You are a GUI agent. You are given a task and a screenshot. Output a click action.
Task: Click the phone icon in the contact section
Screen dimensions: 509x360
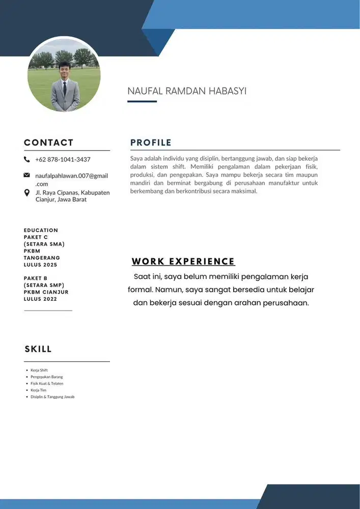pos(27,159)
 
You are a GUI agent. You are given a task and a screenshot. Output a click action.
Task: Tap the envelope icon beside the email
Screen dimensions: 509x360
pos(27,176)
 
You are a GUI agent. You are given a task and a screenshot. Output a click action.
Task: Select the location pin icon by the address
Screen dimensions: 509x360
pos(27,193)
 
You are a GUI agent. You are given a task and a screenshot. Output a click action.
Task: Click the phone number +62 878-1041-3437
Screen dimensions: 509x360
pos(63,159)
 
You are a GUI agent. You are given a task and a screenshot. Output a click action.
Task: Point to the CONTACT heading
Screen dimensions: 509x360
pos(48,143)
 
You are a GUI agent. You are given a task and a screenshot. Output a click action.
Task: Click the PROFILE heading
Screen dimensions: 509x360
pos(151,143)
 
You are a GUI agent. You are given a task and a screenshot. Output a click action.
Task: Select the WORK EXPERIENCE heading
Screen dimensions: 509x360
pos(183,262)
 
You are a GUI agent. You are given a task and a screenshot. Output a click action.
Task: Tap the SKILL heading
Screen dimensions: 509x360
pos(38,349)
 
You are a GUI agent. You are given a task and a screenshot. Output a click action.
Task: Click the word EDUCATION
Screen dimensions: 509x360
pos(41,230)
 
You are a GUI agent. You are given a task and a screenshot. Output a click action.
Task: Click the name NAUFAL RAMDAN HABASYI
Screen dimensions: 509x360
pos(187,91)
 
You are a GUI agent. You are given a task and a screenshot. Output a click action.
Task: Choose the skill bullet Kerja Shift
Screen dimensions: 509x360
pos(39,370)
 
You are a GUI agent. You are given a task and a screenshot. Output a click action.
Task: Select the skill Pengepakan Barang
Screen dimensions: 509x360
pos(46,377)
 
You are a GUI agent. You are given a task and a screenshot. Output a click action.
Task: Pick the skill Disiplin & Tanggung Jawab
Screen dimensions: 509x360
pos(52,397)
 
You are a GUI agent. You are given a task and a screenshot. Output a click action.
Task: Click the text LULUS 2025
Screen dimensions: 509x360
pos(41,265)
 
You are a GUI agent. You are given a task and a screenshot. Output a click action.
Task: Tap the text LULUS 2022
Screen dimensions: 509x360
pos(41,299)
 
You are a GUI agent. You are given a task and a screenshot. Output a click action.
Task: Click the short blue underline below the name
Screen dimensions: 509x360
pos(142,101)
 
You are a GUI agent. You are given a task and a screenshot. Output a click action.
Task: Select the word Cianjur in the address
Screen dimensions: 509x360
pos(45,200)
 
